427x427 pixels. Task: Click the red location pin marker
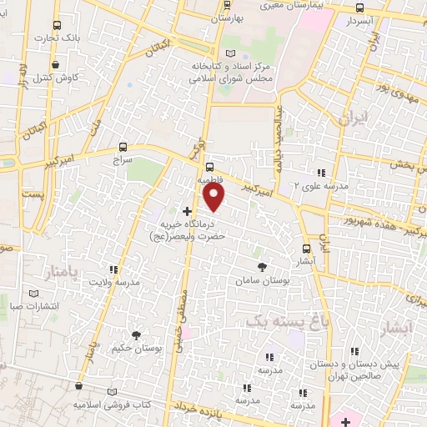pos(214,196)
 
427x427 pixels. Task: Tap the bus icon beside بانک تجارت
pos(56,25)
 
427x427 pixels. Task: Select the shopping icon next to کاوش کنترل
pos(55,64)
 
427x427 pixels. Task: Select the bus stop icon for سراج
pos(123,145)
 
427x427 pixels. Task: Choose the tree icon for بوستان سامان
pos(263,267)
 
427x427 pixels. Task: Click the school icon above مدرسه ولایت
pos(113,269)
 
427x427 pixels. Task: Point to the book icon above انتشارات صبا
pos(33,294)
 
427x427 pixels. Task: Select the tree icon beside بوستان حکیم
pos(136,334)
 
